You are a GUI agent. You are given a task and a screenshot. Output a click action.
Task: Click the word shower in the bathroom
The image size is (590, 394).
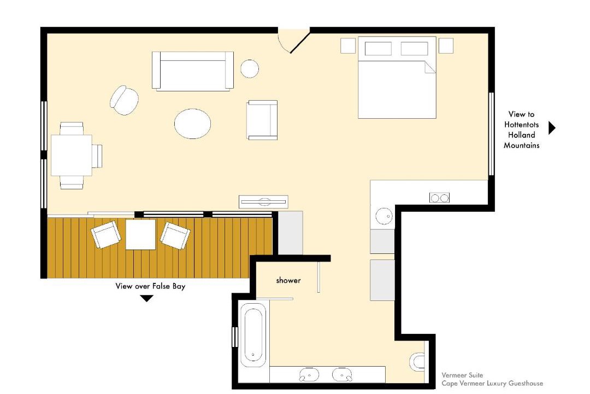(x=288, y=280)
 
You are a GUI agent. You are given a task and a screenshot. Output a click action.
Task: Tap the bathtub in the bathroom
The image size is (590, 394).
(x=253, y=334)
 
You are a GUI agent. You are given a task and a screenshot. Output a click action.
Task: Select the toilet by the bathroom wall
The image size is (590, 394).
(x=417, y=362)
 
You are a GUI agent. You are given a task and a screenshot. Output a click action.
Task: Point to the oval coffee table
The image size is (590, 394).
(x=192, y=124)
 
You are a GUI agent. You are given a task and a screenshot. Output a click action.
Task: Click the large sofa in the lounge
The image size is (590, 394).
(x=193, y=71)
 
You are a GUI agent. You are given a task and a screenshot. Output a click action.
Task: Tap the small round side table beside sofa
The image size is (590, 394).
(x=250, y=68)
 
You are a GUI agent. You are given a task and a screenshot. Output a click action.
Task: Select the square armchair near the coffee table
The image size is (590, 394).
(x=262, y=120)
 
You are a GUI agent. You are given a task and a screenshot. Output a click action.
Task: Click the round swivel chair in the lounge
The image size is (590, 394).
(x=124, y=100)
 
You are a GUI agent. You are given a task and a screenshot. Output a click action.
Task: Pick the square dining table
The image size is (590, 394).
(x=72, y=155)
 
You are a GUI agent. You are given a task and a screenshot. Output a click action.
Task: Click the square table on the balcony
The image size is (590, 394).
(x=140, y=235)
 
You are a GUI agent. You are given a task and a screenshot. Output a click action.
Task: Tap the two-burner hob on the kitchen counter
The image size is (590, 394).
(x=439, y=198)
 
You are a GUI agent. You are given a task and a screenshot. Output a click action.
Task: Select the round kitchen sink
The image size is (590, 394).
(x=384, y=216)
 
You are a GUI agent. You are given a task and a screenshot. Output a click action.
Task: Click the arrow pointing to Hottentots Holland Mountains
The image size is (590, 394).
(x=552, y=128)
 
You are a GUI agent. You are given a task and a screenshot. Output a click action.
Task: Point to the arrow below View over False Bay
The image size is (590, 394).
(x=146, y=299)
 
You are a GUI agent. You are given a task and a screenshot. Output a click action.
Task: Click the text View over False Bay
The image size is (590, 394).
(x=150, y=286)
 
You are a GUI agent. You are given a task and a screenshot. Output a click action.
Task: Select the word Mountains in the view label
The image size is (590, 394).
(x=522, y=145)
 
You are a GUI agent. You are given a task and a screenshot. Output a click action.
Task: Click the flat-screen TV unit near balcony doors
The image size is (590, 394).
(x=263, y=202)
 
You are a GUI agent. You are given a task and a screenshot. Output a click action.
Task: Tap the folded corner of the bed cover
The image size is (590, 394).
(x=430, y=67)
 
